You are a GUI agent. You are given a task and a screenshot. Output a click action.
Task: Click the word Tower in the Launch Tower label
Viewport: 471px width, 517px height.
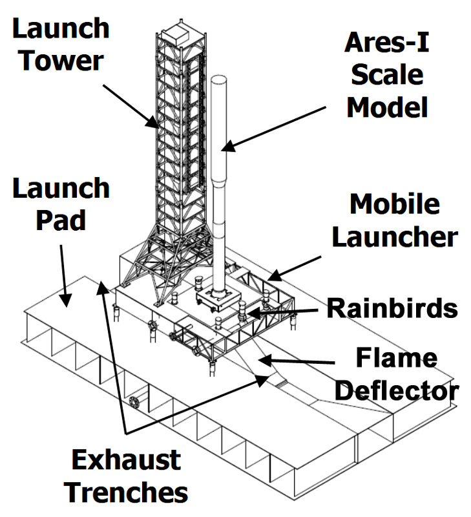coord(61,61)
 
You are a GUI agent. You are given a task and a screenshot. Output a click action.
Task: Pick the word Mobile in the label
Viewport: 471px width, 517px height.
coord(395,205)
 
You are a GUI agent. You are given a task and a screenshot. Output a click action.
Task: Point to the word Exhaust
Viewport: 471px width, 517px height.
coord(125,461)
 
